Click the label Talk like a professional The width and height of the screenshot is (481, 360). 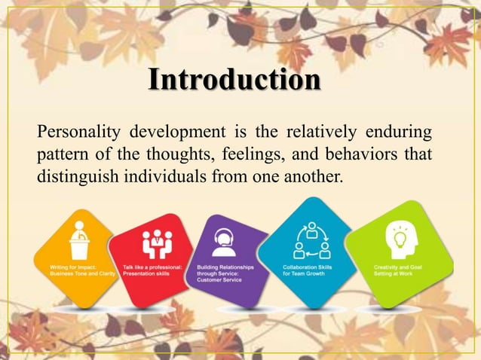coord(152,270)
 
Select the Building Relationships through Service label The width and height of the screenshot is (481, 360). coord(225,273)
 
